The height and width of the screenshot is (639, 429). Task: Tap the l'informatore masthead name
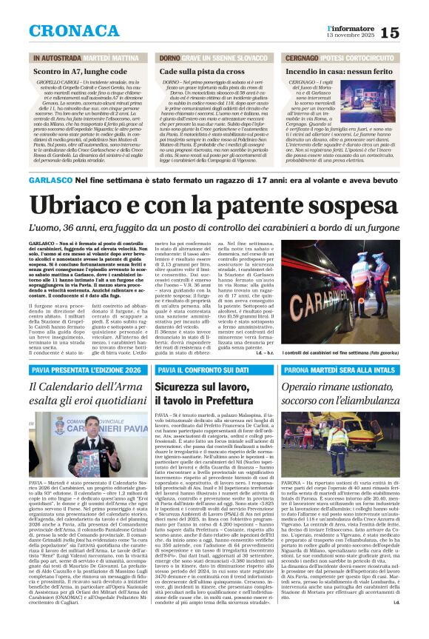pos(347,27)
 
